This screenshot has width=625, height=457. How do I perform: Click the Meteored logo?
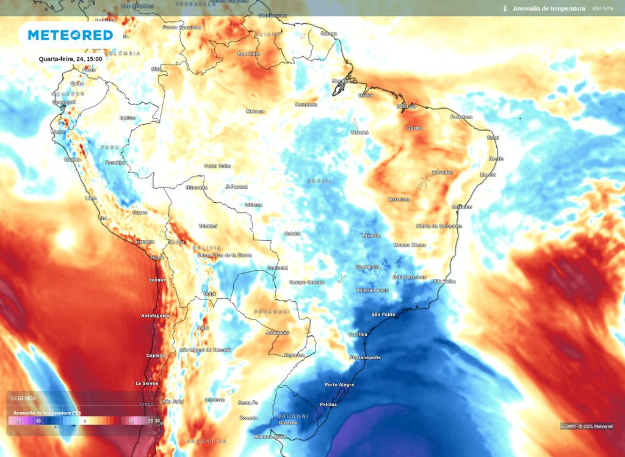(70, 35)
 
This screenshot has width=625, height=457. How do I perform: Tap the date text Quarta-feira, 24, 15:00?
(70, 59)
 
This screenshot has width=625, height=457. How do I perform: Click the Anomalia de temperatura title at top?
(549, 9)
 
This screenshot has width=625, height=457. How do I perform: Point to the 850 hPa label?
(602, 9)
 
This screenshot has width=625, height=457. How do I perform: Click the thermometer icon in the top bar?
(505, 9)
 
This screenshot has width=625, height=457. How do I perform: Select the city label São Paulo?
(383, 315)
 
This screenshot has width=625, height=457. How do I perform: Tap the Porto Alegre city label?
(339, 384)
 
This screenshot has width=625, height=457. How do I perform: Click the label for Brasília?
(371, 235)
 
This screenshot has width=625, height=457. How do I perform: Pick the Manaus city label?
(255, 111)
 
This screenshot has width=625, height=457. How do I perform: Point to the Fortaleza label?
(461, 117)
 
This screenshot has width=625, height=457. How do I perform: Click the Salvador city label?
(461, 207)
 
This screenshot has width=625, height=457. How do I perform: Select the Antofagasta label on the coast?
(155, 316)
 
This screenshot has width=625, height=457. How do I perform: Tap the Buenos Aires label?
(270, 436)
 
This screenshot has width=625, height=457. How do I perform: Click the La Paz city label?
(177, 242)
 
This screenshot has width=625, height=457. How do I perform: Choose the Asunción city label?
(277, 332)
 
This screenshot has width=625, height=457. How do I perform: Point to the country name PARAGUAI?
(272, 312)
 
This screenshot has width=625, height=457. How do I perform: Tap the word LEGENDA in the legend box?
(24, 398)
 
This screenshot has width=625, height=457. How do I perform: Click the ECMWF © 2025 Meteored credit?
(587, 426)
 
